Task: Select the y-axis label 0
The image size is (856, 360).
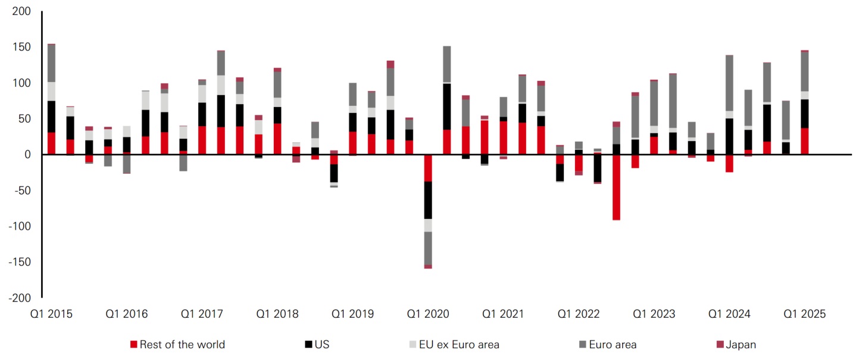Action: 27,154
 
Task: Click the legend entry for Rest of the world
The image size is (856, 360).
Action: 182,344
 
